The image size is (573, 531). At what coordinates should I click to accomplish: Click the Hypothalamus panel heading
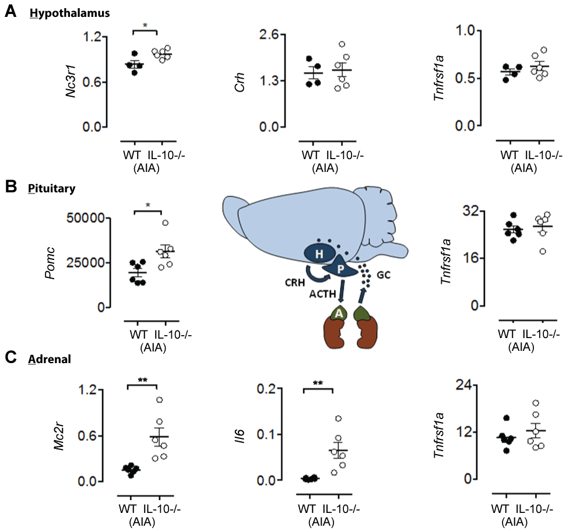[x=69, y=13]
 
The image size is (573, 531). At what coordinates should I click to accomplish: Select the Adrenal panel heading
[x=50, y=360]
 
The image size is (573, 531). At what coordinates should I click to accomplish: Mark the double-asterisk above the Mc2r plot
[x=142, y=380]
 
